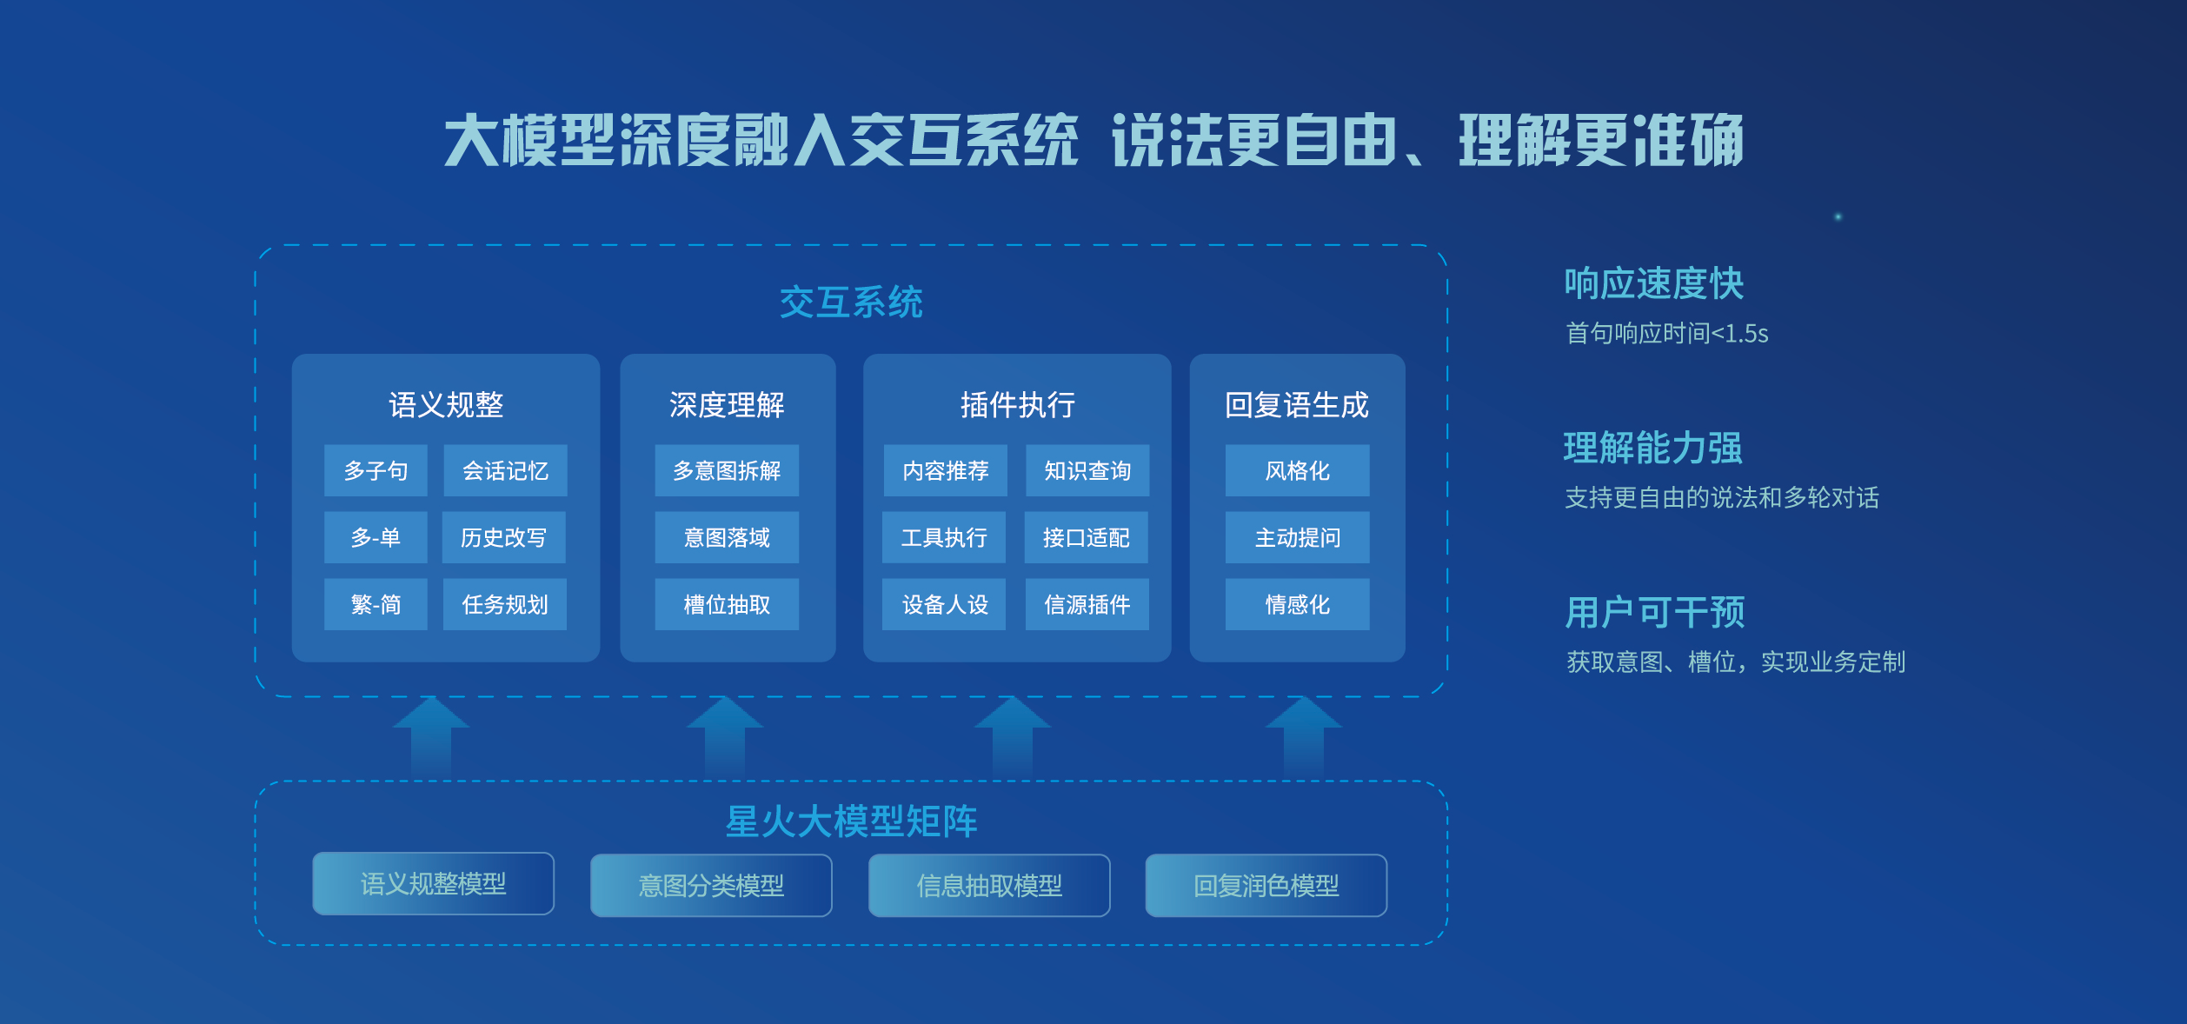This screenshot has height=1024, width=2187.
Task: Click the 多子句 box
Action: tap(376, 470)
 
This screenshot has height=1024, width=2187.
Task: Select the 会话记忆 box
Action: tap(505, 470)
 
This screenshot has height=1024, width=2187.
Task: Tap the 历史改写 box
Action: tap(504, 537)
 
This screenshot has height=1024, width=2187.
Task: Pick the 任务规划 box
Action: tap(505, 604)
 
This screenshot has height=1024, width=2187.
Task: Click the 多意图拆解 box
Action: tap(727, 470)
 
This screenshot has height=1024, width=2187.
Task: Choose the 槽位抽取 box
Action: tap(727, 604)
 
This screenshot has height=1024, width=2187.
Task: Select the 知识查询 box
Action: tap(1087, 470)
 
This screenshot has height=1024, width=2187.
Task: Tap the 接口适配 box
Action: tap(1087, 537)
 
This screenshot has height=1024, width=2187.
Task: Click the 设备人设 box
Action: tap(945, 604)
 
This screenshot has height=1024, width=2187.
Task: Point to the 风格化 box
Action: tap(1298, 470)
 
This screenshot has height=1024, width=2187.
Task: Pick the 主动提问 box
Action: tap(1298, 537)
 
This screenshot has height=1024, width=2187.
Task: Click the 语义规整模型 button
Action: tap(433, 884)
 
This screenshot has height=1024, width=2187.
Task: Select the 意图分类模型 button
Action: tap(711, 886)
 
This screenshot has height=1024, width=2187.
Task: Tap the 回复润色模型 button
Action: tap(1266, 886)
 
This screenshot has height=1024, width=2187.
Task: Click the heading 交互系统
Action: tap(851, 303)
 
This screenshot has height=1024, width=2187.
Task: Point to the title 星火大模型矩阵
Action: tap(851, 821)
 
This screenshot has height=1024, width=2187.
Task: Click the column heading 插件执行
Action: tap(1018, 404)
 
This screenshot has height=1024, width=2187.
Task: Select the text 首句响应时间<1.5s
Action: tap(1667, 333)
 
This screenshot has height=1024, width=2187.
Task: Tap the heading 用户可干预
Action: tap(1655, 612)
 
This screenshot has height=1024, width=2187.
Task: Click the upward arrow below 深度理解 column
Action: tap(725, 737)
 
